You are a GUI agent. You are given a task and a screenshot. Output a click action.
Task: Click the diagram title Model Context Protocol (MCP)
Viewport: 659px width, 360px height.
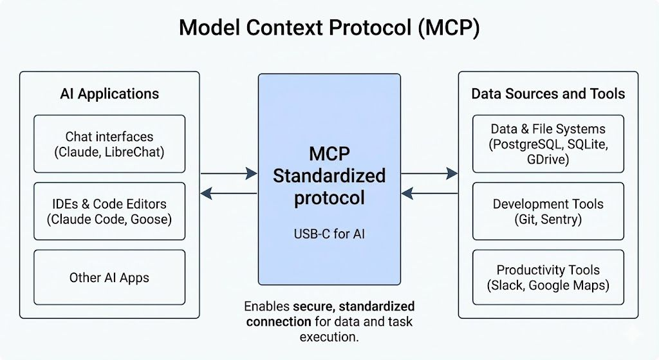[x=329, y=28]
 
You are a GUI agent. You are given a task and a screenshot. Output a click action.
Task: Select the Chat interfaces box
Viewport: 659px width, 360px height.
[x=109, y=144]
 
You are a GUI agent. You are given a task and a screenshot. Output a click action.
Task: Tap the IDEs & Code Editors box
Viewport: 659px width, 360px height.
[x=109, y=211]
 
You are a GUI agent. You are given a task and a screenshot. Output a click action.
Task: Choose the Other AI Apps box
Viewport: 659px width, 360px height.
[x=109, y=278]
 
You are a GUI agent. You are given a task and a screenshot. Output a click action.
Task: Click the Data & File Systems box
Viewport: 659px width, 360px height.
[x=548, y=144]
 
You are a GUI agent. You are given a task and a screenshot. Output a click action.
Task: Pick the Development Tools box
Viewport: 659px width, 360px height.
[x=548, y=211]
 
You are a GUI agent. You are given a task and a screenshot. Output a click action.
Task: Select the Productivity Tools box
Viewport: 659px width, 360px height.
[x=548, y=277]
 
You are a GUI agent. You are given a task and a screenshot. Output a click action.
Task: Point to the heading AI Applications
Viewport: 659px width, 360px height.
[x=109, y=94]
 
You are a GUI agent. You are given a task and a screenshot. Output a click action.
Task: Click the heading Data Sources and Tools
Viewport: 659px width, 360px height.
[x=548, y=94]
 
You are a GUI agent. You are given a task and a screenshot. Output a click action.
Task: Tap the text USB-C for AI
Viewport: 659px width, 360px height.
[x=329, y=234]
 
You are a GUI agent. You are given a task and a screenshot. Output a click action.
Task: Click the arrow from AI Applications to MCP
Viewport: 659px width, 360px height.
[x=228, y=173]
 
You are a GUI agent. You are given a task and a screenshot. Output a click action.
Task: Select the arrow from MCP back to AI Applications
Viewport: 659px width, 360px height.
[x=228, y=193]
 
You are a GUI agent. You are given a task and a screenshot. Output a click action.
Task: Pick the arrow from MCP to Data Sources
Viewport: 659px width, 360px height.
[x=429, y=173]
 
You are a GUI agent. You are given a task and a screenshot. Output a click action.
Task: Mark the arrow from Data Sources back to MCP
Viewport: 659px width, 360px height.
[x=429, y=193]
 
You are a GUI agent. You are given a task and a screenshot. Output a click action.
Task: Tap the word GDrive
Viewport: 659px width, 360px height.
[x=548, y=159]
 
